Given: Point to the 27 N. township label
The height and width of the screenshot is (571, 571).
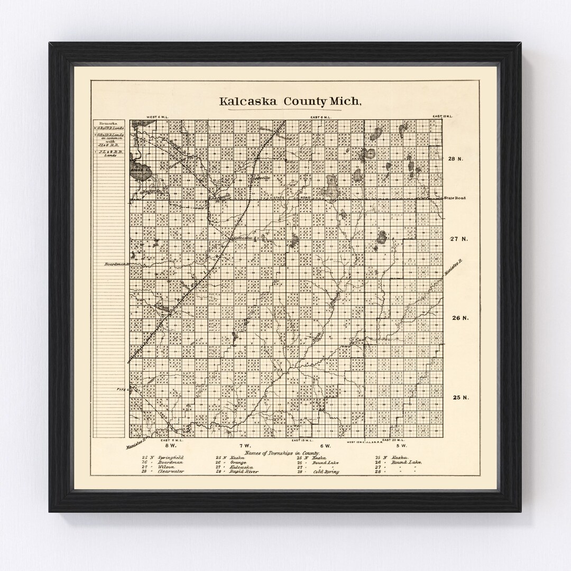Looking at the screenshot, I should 458,239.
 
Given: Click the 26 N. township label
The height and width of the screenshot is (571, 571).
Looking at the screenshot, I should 458,318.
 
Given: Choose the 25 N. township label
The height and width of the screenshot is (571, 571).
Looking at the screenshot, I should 458,398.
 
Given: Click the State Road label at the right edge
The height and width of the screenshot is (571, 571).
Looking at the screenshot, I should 454,198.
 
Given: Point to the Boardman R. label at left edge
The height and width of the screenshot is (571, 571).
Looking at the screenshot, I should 116,263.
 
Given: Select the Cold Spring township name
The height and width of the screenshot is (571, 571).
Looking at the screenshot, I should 326,472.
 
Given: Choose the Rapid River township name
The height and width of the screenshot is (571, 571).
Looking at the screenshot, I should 244,472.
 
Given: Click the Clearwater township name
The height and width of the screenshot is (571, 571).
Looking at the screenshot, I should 170,472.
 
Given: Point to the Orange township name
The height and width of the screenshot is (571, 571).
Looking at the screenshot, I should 237,462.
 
